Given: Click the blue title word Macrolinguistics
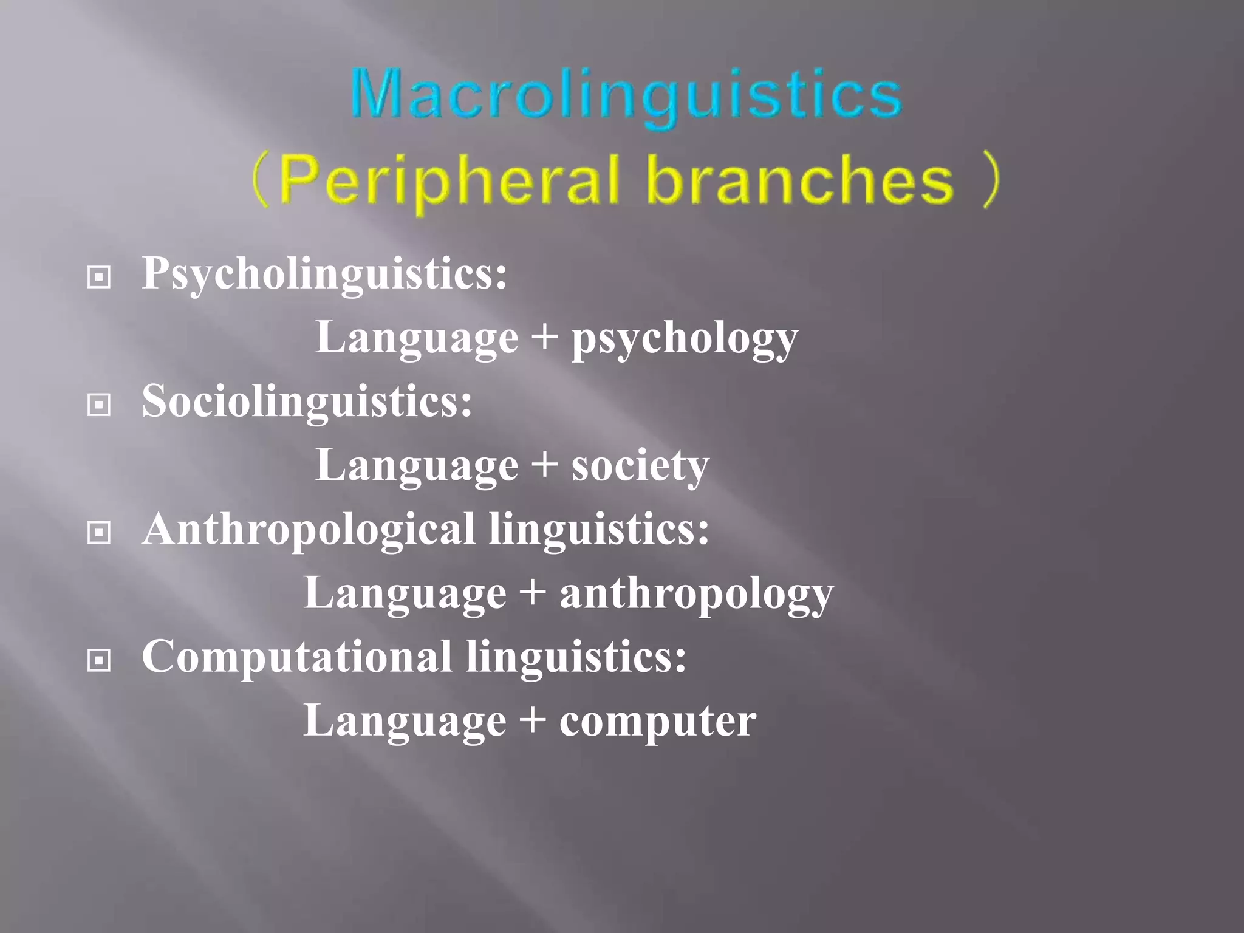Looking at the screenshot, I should point(626,95).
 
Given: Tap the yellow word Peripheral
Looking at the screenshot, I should point(449,180).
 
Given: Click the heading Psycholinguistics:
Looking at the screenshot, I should point(324,275).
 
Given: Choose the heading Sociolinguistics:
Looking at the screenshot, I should point(307,402).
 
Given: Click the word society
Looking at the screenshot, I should point(640,466).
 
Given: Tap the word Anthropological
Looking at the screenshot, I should point(309,530).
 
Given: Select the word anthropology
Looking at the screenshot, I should point(696,594).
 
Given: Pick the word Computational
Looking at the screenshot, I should point(296,657).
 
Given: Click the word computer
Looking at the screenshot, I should point(657,722).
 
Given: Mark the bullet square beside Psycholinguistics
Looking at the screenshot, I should point(99,278).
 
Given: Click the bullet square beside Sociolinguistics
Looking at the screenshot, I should point(99,405).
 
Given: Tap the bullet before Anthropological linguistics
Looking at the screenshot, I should point(99,533).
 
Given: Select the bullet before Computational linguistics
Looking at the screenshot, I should point(99,660).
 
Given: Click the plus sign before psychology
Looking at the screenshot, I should point(545,337).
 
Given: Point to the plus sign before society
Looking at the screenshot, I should point(545,465).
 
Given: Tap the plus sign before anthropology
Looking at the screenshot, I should point(533,592).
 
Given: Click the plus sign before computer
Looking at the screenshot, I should point(533,720).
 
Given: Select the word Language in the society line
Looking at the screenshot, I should point(417,466).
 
